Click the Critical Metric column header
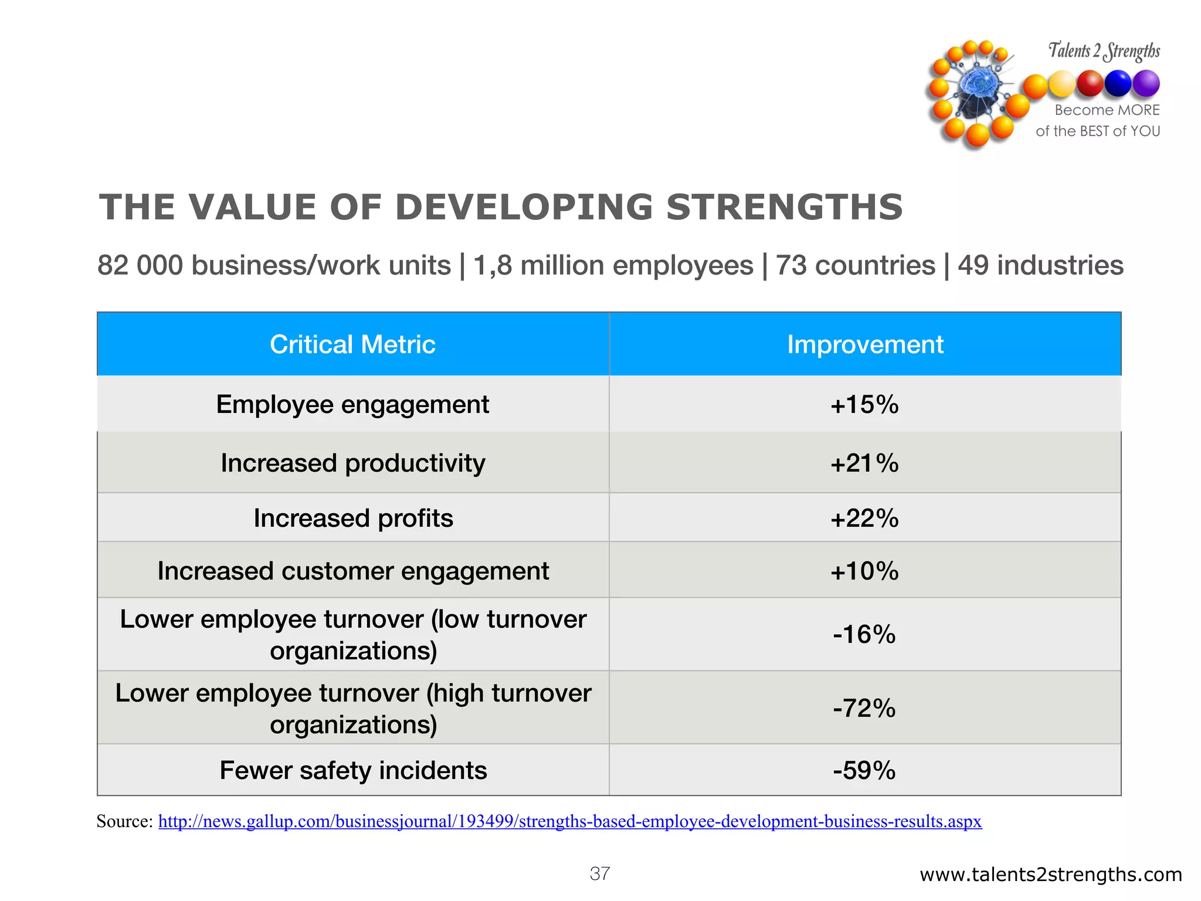352,344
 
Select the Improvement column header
865,344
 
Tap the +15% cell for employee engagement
864,405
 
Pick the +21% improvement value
864,463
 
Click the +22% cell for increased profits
864,519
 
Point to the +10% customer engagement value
864,571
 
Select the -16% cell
864,635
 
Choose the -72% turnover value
864,709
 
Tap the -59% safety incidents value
864,771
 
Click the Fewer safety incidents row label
353,771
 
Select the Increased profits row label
353,519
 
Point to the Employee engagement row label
352,405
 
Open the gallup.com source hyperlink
569,821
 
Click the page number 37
600,874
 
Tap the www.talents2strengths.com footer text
1050,875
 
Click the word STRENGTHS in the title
784,208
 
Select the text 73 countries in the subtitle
855,265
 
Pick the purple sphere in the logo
1146,83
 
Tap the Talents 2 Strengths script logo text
1104,51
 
